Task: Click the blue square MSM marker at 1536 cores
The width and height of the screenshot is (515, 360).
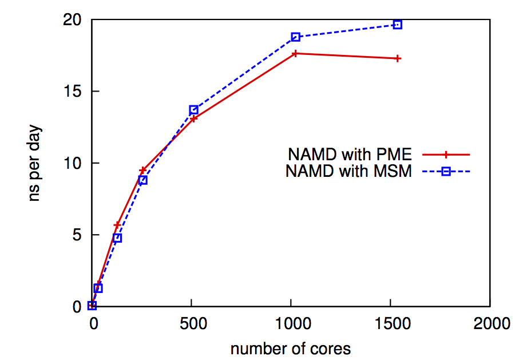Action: click(x=397, y=25)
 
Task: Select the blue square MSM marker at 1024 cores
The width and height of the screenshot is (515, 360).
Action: click(x=295, y=37)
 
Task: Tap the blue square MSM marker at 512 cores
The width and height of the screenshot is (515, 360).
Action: click(x=194, y=109)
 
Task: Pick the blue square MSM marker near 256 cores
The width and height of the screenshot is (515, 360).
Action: click(x=143, y=180)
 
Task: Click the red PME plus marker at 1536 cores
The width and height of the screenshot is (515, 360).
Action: click(x=397, y=58)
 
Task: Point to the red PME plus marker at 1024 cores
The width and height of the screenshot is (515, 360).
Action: click(x=295, y=53)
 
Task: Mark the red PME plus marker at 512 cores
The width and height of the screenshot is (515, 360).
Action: click(x=194, y=118)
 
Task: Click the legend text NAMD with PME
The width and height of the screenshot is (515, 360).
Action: click(x=350, y=155)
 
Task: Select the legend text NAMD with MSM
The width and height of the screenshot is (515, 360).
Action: click(x=348, y=171)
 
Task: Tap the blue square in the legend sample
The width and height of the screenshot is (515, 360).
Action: click(x=446, y=171)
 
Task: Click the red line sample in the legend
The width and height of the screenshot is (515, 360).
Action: click(x=446, y=155)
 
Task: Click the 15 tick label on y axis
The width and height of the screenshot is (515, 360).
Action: click(x=72, y=92)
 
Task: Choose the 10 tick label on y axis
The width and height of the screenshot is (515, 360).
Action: click(x=72, y=163)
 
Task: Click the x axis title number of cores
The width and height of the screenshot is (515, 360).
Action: click(x=291, y=348)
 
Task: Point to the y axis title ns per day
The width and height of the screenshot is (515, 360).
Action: click(x=35, y=164)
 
